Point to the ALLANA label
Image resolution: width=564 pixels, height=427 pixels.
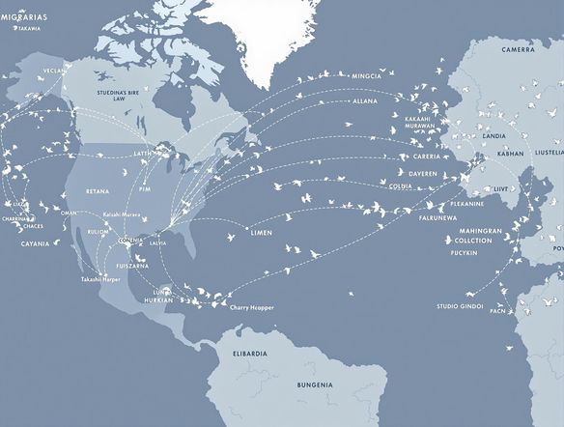[x=366, y=100]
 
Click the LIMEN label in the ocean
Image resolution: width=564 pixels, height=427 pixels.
[x=261, y=234]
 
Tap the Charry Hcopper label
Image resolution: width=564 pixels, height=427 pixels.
[x=252, y=307]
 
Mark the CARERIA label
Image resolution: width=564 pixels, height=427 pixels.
[x=427, y=156]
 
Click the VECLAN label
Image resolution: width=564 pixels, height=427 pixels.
[x=57, y=71]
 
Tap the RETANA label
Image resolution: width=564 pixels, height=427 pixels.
[x=98, y=191]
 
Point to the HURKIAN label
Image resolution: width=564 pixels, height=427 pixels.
[x=158, y=299]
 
